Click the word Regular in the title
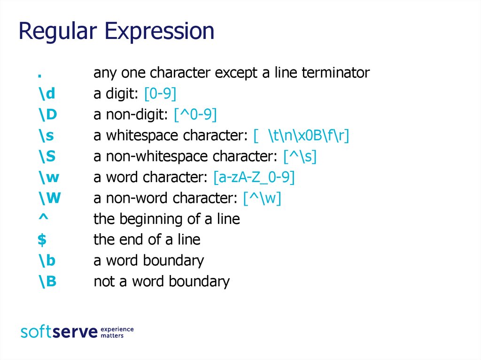[x=57, y=31]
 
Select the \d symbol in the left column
[x=47, y=93]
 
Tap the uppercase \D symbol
[x=47, y=114]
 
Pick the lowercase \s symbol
[x=47, y=135]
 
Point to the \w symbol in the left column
[x=49, y=177]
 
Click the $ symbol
[x=42, y=239]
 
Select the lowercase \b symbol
[x=47, y=260]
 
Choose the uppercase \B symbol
[x=47, y=281]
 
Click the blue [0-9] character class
[x=160, y=93]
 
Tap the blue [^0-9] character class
[x=195, y=115]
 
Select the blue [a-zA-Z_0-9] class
[x=254, y=177]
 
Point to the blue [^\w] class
[x=262, y=198]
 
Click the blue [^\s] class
[x=300, y=156]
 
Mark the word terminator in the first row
[x=335, y=73]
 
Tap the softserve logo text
[x=59, y=331]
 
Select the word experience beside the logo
[x=117, y=329]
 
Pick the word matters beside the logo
[x=112, y=336]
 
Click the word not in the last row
[x=103, y=282]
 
